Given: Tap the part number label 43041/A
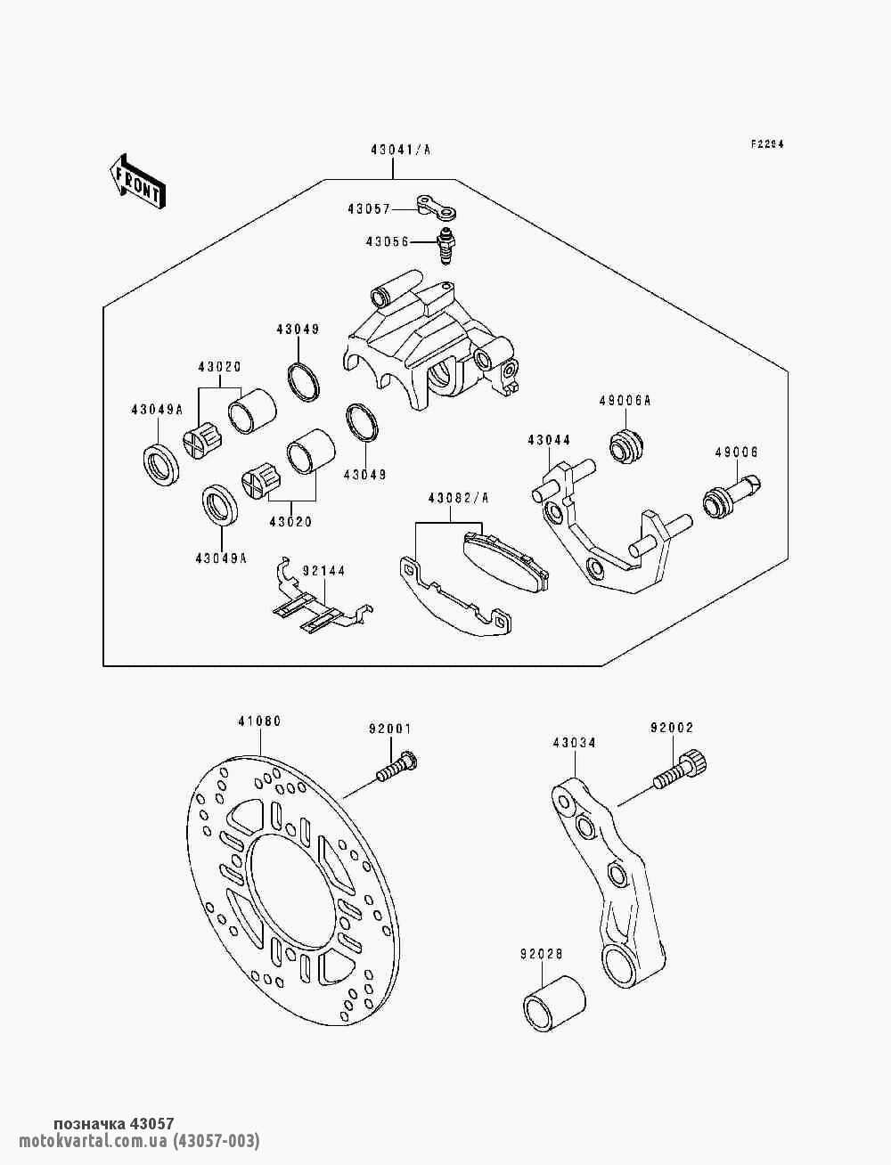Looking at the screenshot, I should [x=401, y=151].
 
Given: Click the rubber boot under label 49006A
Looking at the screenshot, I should [x=627, y=444].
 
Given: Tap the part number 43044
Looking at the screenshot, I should [x=549, y=439].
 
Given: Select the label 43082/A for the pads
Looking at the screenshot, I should [x=458, y=499].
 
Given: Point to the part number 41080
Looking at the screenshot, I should [x=259, y=721].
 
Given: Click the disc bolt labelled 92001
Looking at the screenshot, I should [x=397, y=767].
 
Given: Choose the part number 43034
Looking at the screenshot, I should [x=574, y=742].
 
